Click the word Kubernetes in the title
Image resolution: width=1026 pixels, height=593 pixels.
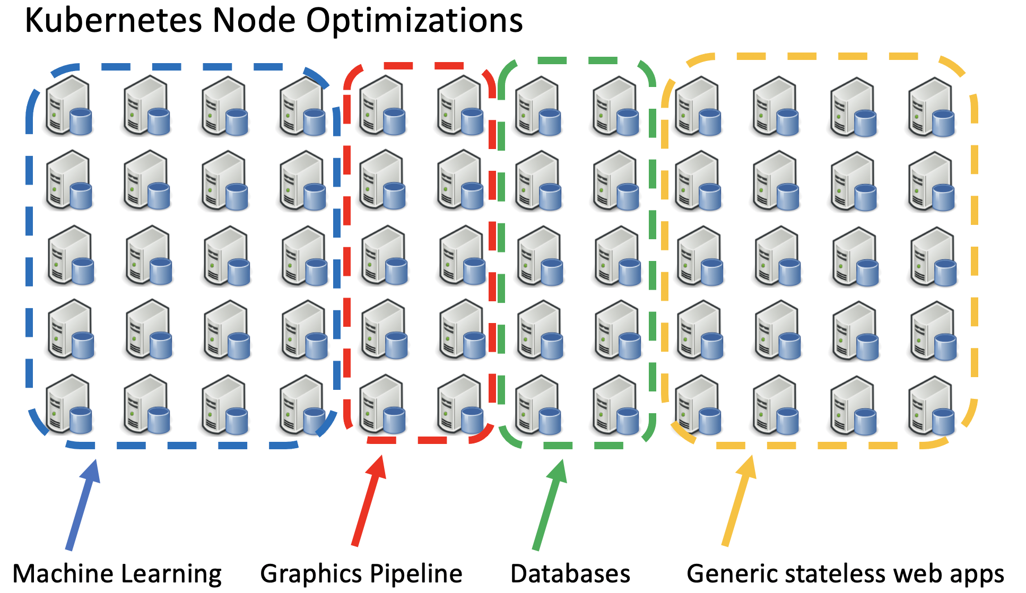(x=114, y=21)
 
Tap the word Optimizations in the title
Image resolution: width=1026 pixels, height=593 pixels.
(x=414, y=21)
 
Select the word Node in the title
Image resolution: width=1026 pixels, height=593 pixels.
(x=254, y=21)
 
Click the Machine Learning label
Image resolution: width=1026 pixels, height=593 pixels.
(x=117, y=574)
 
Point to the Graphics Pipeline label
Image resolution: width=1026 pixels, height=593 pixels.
(x=361, y=574)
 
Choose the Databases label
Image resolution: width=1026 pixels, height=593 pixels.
(x=570, y=574)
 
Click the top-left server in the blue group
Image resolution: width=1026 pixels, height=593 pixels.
(x=68, y=105)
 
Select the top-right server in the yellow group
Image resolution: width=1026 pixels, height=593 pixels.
(x=932, y=106)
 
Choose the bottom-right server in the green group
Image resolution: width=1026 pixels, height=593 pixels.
(x=615, y=404)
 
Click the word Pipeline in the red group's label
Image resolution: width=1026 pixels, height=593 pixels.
(x=416, y=574)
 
